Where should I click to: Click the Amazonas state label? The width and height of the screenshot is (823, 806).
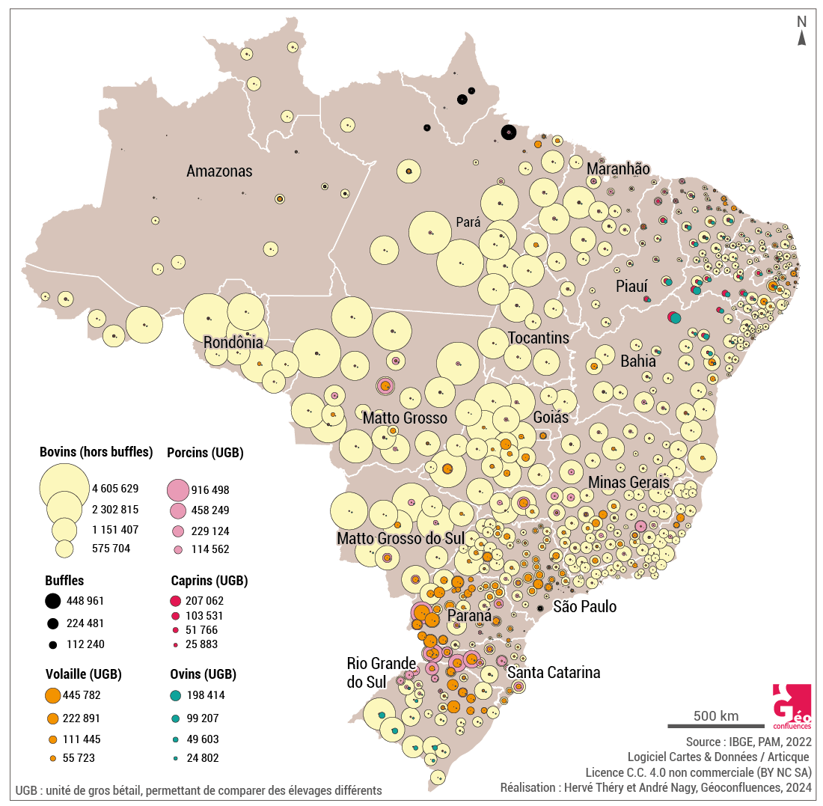[x=219, y=171]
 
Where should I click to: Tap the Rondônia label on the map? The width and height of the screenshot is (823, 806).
[x=233, y=343]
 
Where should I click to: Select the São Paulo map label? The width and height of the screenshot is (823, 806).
[x=584, y=606]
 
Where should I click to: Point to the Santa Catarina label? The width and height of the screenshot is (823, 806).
[x=554, y=672]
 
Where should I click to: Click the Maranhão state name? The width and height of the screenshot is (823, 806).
[x=618, y=168]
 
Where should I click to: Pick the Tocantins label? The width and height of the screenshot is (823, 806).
[x=538, y=338]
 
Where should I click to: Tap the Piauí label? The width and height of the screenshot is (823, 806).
[x=631, y=286]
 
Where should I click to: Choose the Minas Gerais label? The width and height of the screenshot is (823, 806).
[x=628, y=482]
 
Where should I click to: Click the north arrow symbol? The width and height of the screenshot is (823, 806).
[x=801, y=33]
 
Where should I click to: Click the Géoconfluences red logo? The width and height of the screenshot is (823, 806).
[x=792, y=706]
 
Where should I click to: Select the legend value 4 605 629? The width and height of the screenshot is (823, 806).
[x=115, y=489]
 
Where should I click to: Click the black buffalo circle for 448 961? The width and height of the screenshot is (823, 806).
[x=52, y=600]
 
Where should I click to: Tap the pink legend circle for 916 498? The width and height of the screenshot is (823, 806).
[x=177, y=490]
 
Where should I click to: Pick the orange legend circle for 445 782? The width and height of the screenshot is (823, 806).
[x=52, y=695]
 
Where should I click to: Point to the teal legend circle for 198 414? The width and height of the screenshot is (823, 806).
[x=175, y=695]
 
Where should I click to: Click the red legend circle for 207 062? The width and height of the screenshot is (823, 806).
[x=176, y=600]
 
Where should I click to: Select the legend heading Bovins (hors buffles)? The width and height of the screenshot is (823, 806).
[x=96, y=452]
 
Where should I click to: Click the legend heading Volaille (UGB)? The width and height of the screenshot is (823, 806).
[x=83, y=674]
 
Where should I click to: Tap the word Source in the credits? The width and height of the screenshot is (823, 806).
[x=705, y=742]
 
